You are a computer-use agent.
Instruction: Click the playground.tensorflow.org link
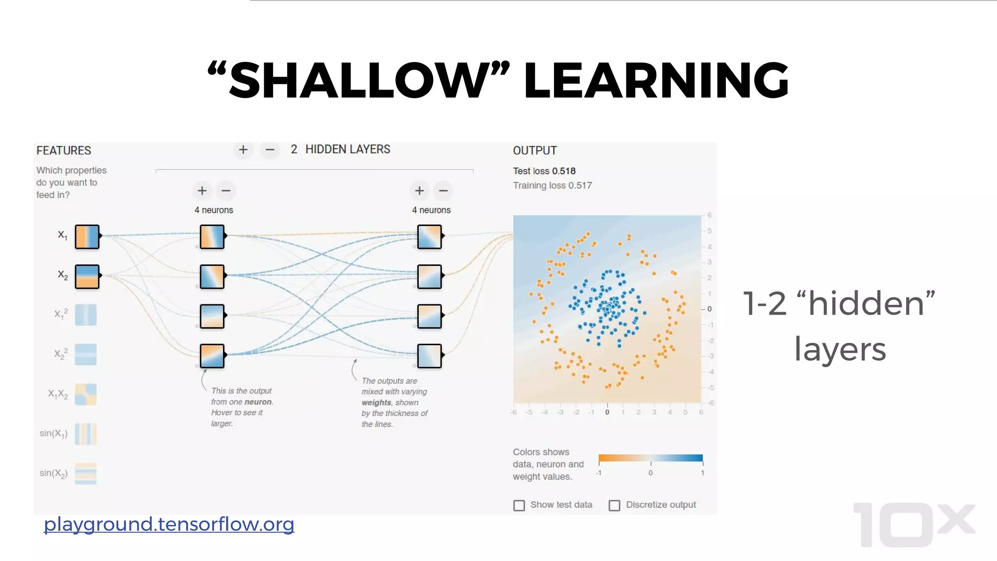pyautogui.click(x=169, y=524)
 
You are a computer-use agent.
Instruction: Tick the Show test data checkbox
pyautogui.click(x=519, y=505)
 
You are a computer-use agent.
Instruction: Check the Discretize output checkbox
pyautogui.click(x=614, y=505)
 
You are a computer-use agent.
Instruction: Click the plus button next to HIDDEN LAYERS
pyautogui.click(x=243, y=150)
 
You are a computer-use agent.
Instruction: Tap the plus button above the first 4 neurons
pyautogui.click(x=202, y=191)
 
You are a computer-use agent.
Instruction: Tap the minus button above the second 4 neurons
pyautogui.click(x=443, y=191)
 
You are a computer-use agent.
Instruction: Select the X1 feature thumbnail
pyautogui.click(x=87, y=237)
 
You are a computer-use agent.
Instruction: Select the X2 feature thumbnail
pyautogui.click(x=87, y=277)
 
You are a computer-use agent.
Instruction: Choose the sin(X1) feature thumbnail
pyautogui.click(x=86, y=434)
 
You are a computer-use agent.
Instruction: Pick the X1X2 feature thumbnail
pyautogui.click(x=86, y=394)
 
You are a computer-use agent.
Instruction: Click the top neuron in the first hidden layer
pyautogui.click(x=212, y=237)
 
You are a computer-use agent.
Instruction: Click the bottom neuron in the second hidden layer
pyautogui.click(x=429, y=356)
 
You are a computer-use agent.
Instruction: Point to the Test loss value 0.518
pyautogui.click(x=564, y=171)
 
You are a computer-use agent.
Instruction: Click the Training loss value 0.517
pyautogui.click(x=580, y=186)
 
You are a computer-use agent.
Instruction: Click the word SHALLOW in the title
pyautogui.click(x=358, y=80)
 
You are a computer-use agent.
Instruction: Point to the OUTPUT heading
pyautogui.click(x=535, y=150)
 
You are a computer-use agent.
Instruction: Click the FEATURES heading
pyautogui.click(x=64, y=150)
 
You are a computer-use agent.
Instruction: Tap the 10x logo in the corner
pyautogui.click(x=913, y=525)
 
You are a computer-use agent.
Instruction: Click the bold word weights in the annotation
pyautogui.click(x=376, y=403)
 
